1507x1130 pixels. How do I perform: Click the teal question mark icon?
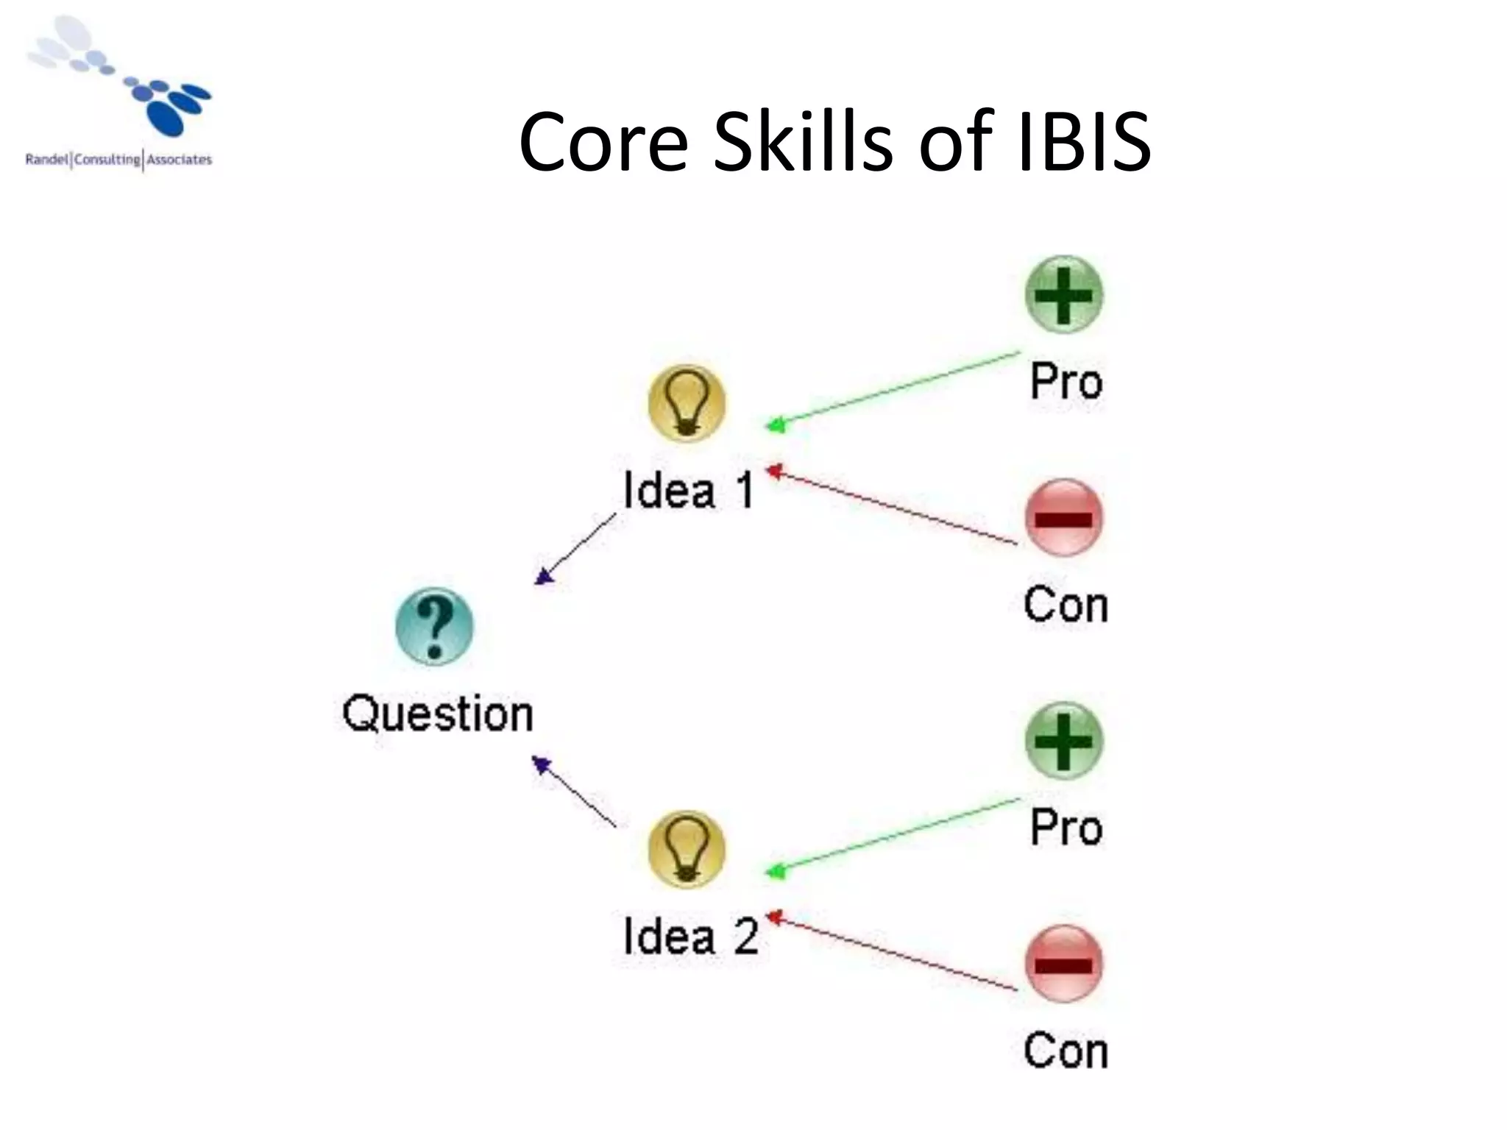[434, 626]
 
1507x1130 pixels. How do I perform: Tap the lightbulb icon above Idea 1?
[687, 402]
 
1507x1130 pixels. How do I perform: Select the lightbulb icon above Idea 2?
[687, 849]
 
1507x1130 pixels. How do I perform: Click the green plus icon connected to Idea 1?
[1064, 295]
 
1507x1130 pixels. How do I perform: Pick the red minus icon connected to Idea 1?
[1064, 518]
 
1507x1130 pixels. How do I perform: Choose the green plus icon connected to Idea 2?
[1064, 741]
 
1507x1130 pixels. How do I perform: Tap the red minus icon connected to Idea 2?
[1064, 963]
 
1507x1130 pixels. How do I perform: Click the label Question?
[438, 714]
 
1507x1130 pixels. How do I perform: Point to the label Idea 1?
[689, 490]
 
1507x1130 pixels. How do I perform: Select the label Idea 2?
[690, 937]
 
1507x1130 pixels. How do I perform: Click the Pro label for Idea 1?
[1066, 381]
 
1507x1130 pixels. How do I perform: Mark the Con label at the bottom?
[1065, 1051]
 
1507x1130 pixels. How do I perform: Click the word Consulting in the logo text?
[107, 160]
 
